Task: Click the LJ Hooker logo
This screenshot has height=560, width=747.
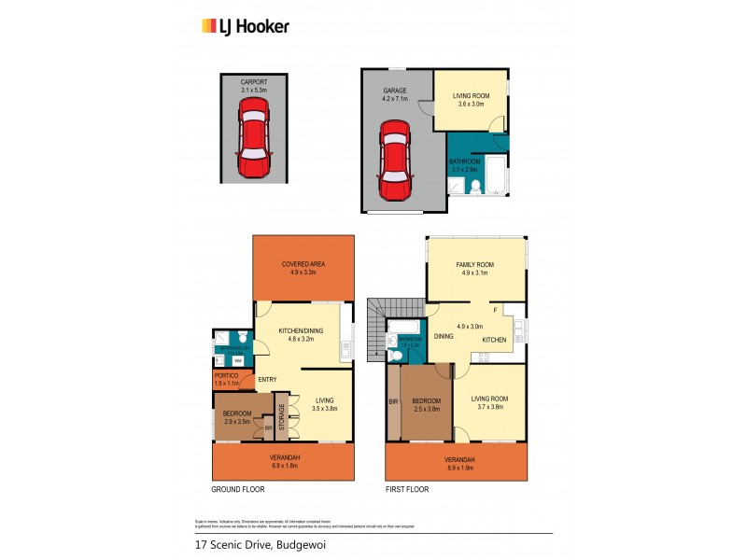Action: (246, 26)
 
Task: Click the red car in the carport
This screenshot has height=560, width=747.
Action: (253, 140)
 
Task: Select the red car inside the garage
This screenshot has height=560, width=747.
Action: (394, 162)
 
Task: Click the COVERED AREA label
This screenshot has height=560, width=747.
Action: (303, 268)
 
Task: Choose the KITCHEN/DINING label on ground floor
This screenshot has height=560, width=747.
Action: (303, 335)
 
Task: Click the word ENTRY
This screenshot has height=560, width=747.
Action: (267, 378)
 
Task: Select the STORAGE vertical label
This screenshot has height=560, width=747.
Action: (281, 414)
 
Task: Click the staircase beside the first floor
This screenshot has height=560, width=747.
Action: (377, 328)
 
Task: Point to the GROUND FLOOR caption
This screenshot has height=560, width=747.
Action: (239, 489)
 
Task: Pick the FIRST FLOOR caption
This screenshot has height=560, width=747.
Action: (409, 489)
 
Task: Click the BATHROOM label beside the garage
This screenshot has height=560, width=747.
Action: (464, 165)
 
